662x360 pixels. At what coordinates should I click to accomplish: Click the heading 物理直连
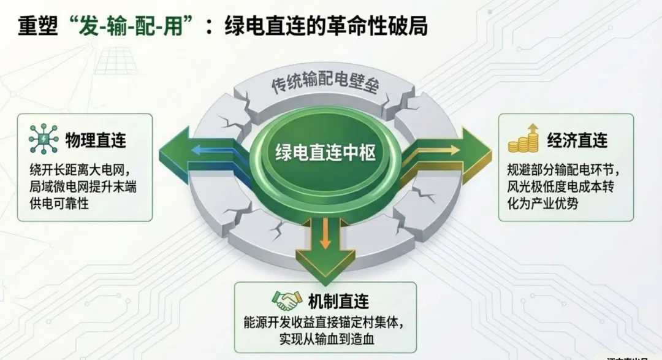point(96,140)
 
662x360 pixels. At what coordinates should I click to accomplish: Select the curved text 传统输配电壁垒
point(325,85)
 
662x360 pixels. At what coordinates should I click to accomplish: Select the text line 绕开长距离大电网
point(80,169)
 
